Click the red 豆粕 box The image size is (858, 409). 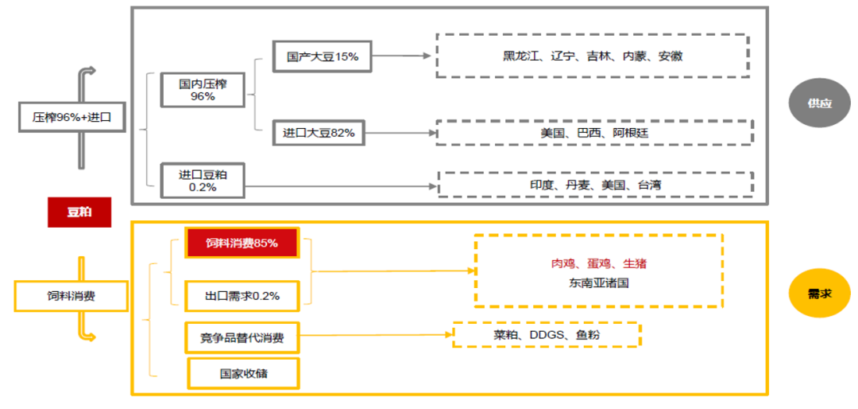tap(79, 212)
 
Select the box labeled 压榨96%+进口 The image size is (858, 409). tap(72, 118)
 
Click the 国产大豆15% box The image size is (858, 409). tap(323, 57)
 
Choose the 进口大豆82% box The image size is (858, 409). tap(319, 133)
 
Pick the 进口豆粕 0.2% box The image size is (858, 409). tap(203, 181)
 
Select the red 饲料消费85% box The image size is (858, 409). tap(242, 243)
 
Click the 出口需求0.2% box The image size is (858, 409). tap(242, 296)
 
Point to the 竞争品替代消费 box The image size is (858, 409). tap(242, 337)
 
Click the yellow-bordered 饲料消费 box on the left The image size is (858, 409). tap(71, 296)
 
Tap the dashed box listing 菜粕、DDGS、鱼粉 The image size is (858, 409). tap(547, 335)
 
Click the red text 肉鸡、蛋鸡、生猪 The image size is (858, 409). tap(593, 263)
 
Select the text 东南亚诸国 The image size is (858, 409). tap(598, 282)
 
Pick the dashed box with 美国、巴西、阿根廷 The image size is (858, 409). tap(594, 133)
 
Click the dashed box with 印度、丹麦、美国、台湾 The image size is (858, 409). tap(595, 185)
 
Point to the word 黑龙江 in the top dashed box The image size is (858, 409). tap(520, 56)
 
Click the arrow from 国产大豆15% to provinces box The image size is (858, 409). tap(401, 56)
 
